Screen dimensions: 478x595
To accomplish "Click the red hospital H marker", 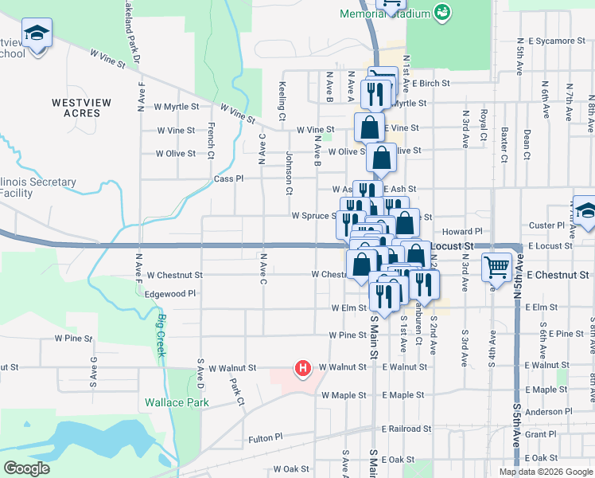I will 302,368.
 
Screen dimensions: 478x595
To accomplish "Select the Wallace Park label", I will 177,402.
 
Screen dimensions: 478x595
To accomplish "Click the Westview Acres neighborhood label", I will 76,108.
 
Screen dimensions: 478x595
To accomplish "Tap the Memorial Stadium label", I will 385,14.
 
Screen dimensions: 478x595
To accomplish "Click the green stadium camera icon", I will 441,13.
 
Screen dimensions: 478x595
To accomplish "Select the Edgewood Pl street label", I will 169,294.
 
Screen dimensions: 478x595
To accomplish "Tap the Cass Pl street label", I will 228,179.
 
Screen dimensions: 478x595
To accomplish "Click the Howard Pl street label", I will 469,231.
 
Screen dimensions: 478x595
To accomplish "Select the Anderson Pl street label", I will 544,412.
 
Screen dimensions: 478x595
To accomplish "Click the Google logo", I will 27,468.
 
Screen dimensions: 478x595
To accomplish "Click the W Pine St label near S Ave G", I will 74,339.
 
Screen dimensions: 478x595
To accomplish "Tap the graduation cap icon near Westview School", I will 36,33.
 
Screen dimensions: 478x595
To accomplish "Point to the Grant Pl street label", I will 540,434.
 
